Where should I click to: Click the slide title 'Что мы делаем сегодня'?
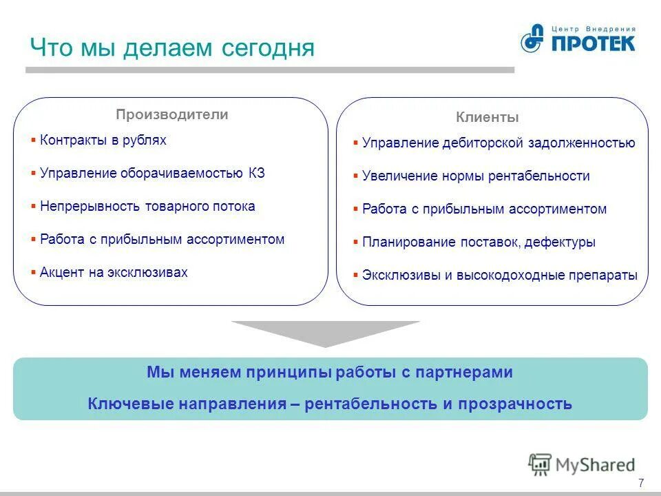click(x=172, y=48)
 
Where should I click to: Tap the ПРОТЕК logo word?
click(x=592, y=43)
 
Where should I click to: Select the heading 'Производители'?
click(x=171, y=115)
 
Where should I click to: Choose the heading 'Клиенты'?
click(x=487, y=118)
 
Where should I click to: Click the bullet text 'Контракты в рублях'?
click(x=103, y=140)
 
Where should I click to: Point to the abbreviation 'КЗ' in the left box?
click(x=257, y=173)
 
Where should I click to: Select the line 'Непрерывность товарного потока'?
click(x=147, y=206)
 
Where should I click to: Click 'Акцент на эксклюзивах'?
click(x=114, y=272)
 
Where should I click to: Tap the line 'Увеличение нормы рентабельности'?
click(x=476, y=176)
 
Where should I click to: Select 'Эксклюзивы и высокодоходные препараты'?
click(x=500, y=275)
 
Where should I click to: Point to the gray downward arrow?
click(x=325, y=333)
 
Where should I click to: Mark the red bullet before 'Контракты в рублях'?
click(x=33, y=140)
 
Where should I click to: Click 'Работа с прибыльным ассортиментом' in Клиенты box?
click(x=484, y=209)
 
